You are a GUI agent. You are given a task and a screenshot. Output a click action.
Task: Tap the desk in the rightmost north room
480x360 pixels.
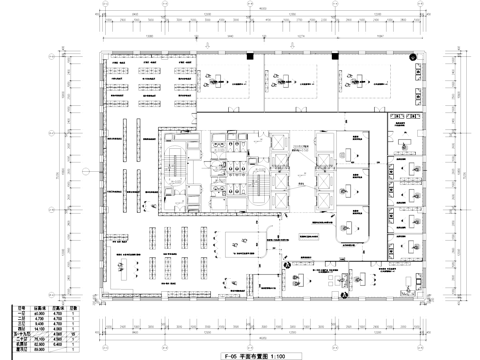[x=372, y=78]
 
